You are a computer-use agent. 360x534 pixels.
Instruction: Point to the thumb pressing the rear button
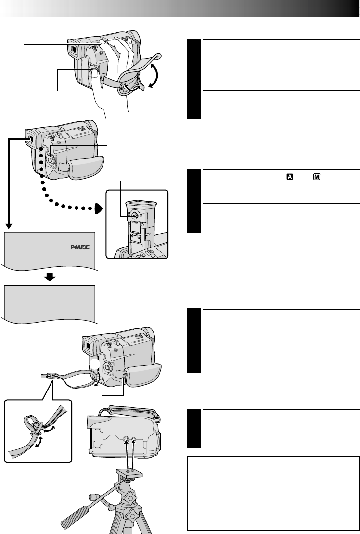coord(95,72)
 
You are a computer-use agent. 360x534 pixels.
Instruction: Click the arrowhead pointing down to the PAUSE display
coord(9,226)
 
